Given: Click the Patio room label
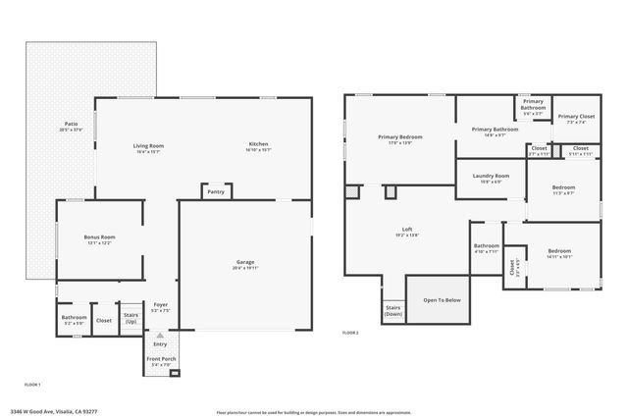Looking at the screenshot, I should click(x=72, y=124).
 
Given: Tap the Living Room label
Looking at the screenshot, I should click(x=148, y=146).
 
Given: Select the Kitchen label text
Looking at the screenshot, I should click(x=258, y=146).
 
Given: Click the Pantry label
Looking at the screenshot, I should click(x=216, y=191).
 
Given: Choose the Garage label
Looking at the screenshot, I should click(x=245, y=262).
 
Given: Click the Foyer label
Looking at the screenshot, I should click(x=161, y=305).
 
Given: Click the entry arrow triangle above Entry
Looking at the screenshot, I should click(x=161, y=336).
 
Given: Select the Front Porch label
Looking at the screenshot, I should click(x=161, y=360).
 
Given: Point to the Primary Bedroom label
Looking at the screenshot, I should click(x=399, y=137).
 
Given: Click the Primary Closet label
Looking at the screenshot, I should click(x=576, y=117).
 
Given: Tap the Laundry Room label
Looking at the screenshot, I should click(x=486, y=177).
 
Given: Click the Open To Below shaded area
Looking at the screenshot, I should click(x=442, y=300).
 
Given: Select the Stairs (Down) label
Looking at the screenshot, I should click(x=393, y=310).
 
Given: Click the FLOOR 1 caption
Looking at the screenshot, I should click(x=31, y=384).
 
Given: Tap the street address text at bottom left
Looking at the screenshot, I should click(x=53, y=412).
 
